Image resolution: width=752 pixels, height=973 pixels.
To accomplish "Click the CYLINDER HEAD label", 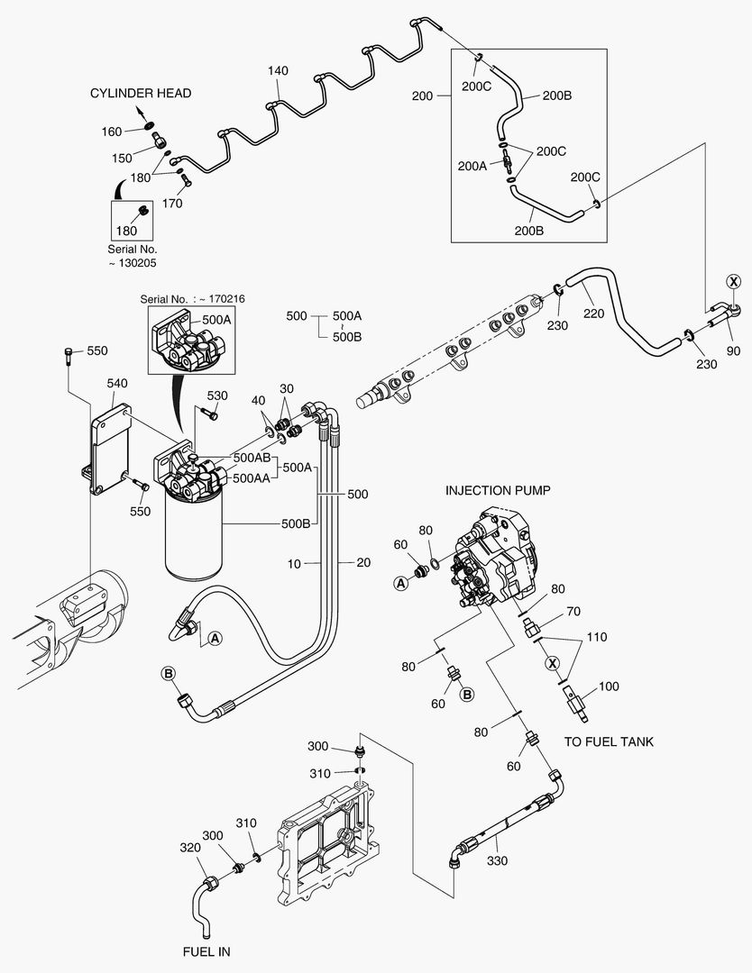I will pyautogui.click(x=140, y=93).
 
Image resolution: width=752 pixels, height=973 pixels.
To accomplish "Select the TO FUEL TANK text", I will pyautogui.click(x=609, y=741).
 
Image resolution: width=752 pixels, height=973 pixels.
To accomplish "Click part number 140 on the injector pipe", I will pyautogui.click(x=279, y=70).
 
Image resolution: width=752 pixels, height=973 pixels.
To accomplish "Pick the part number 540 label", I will pyautogui.click(x=117, y=383).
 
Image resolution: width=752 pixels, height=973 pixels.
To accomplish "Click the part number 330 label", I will pyautogui.click(x=497, y=862).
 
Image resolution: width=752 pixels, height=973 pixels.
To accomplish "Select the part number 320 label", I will pyautogui.click(x=189, y=848).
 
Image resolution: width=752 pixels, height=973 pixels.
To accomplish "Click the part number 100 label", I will pyautogui.click(x=609, y=687).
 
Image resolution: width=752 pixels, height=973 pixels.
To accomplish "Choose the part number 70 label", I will pyautogui.click(x=573, y=613).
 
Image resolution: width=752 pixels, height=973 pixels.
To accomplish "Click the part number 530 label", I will pyautogui.click(x=217, y=396).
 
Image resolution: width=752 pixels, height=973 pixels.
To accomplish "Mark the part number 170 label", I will pyautogui.click(x=172, y=204).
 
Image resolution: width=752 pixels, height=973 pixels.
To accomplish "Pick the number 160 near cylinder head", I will pyautogui.click(x=111, y=132).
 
